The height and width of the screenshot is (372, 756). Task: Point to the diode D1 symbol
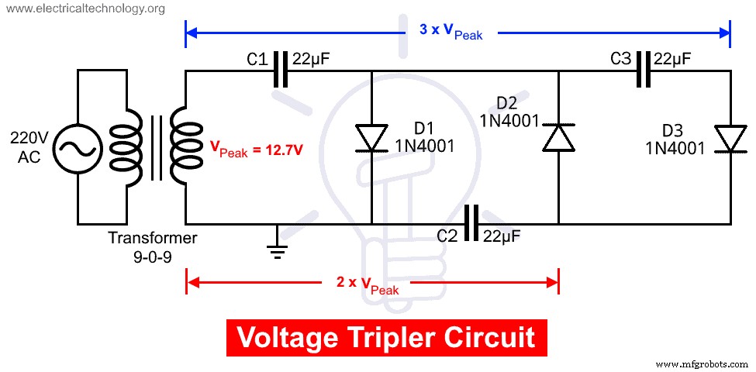[x=372, y=137]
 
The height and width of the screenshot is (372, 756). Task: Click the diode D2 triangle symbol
[x=558, y=137]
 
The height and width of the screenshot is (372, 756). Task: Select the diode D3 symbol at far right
[x=730, y=139]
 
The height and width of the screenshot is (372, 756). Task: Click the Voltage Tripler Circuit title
[x=385, y=338]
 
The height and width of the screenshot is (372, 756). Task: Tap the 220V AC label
[x=29, y=147]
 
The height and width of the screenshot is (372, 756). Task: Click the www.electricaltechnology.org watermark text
[x=84, y=9]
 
